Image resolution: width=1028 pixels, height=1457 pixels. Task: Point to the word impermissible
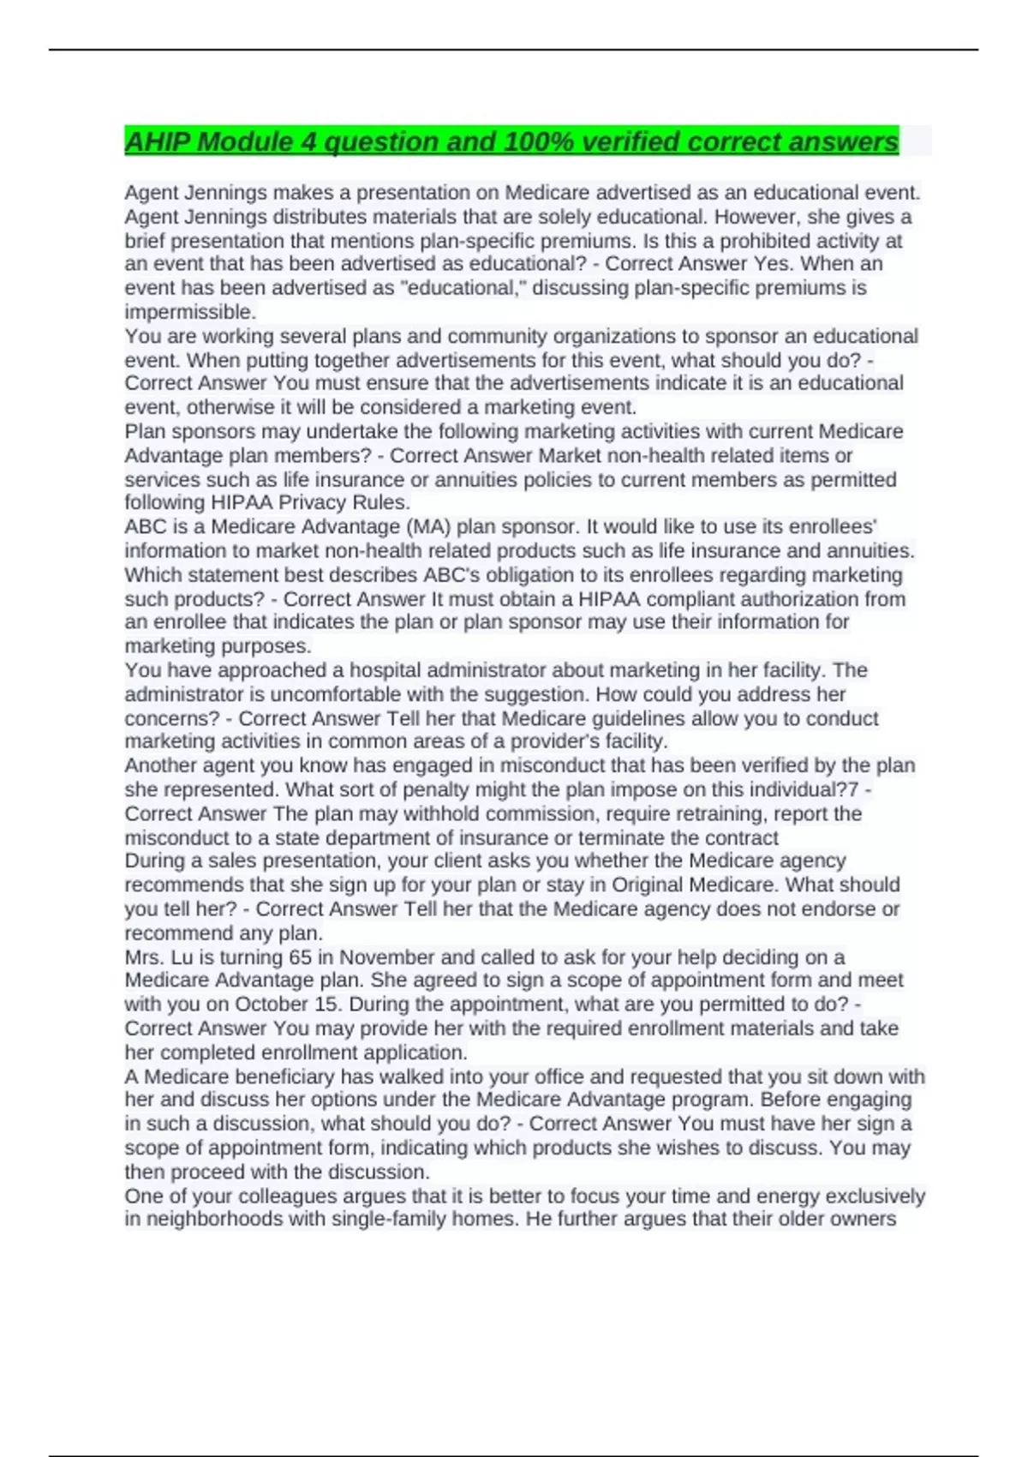click(x=189, y=312)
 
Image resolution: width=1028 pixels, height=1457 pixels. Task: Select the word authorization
click(x=806, y=599)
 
